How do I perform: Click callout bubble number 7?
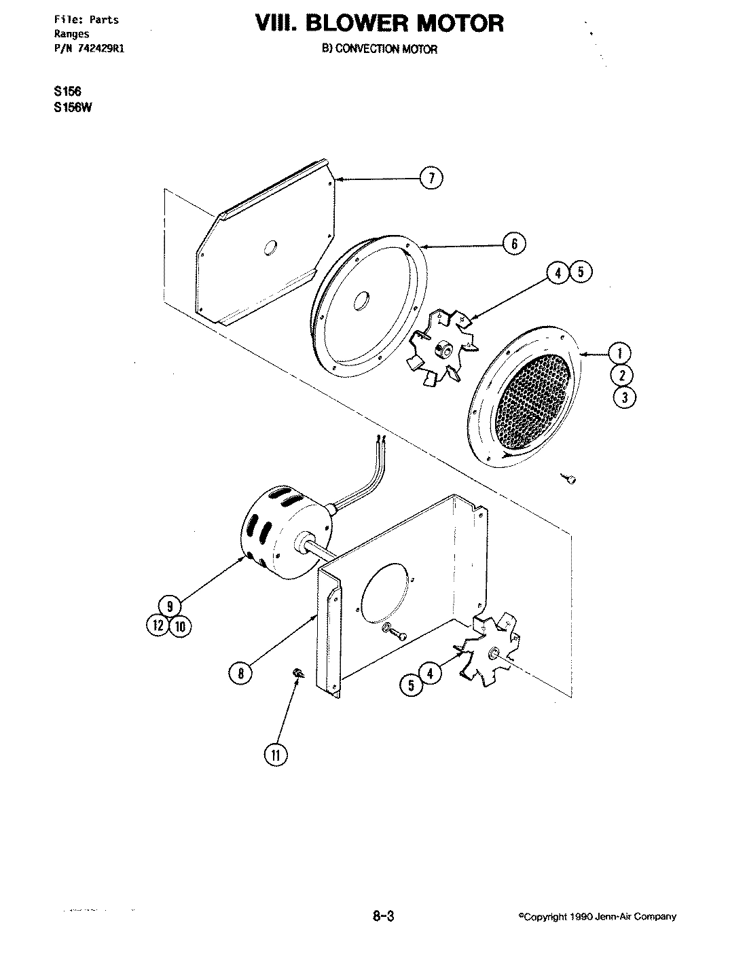431,179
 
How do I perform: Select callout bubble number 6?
514,243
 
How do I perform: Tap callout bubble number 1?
619,353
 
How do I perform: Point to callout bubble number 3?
624,397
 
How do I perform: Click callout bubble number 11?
276,755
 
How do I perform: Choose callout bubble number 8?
240,672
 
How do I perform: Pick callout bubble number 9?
169,604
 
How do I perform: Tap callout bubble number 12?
157,625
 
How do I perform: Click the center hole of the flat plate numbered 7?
270,248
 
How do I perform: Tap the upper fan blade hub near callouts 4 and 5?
445,350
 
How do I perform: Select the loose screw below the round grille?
570,479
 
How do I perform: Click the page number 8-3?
383,916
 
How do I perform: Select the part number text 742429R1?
99,48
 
